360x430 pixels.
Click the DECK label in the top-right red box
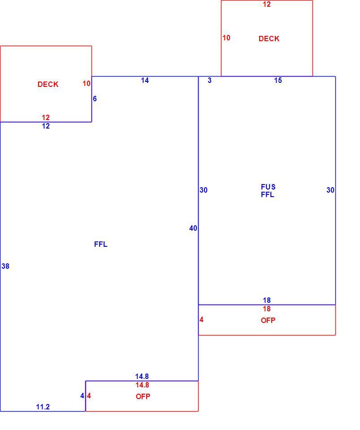(269, 39)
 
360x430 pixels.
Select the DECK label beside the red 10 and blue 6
(48, 84)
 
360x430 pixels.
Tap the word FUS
(268, 187)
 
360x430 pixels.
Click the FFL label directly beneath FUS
(268, 194)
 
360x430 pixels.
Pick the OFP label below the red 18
(268, 320)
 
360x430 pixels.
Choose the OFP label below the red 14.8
(143, 396)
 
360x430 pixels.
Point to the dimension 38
(5, 266)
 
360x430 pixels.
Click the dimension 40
(193, 228)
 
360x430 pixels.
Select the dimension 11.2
(43, 407)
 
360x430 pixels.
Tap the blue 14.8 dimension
(142, 377)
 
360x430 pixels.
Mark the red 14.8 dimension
(142, 385)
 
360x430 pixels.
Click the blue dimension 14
(145, 80)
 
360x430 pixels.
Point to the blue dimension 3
(210, 80)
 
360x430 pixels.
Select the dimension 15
(278, 80)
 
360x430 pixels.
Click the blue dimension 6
(95, 99)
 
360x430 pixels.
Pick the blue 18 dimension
(267, 300)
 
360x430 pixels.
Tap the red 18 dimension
(267, 309)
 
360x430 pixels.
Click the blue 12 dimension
(46, 126)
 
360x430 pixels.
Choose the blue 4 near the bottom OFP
(82, 396)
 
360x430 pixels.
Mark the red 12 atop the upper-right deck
(267, 4)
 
